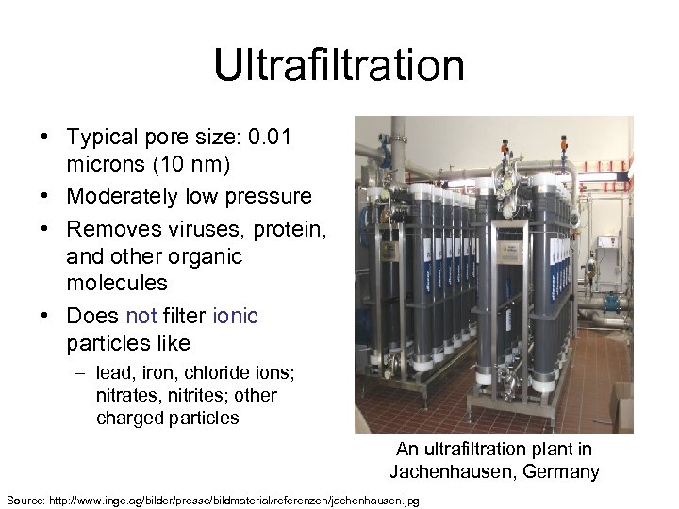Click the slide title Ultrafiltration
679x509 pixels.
point(339,66)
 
